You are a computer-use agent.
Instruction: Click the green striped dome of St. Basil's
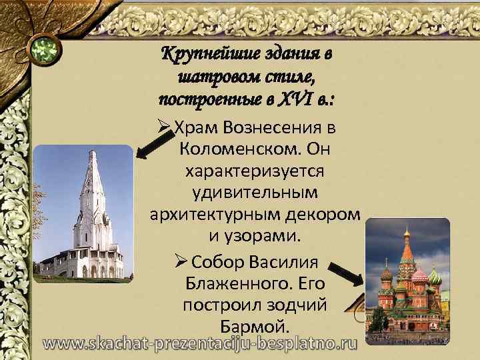[x=434, y=275]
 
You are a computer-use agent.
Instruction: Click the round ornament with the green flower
[x=45, y=48]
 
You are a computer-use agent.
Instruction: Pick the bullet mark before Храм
[x=167, y=127]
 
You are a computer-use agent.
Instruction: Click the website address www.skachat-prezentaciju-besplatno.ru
[x=201, y=344]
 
